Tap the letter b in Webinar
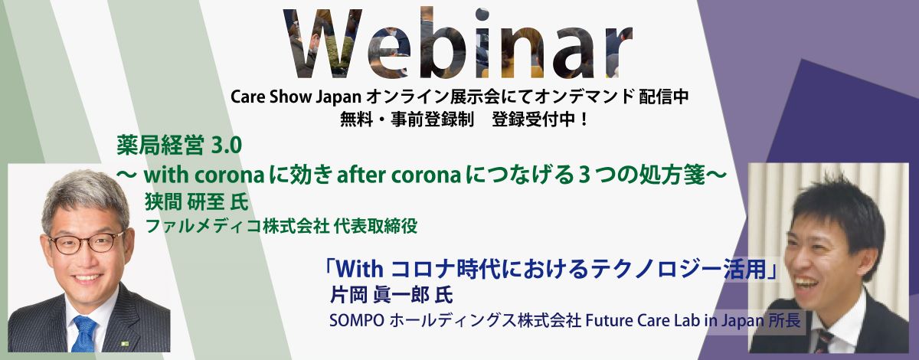pyautogui.click(x=444, y=42)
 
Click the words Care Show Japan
pyautogui.click(x=296, y=97)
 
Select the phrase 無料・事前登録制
pyautogui.click(x=407, y=119)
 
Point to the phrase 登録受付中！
pyautogui.click(x=540, y=119)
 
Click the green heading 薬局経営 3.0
pyautogui.click(x=179, y=146)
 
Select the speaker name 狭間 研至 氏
pyautogui.click(x=197, y=202)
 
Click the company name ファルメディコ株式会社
pyautogui.click(x=237, y=226)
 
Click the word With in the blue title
pyautogui.click(x=360, y=270)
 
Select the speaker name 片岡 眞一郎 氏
pyautogui.click(x=391, y=296)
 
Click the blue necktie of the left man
pyautogui.click(x=85, y=334)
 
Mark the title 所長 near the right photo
pyautogui.click(x=784, y=321)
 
